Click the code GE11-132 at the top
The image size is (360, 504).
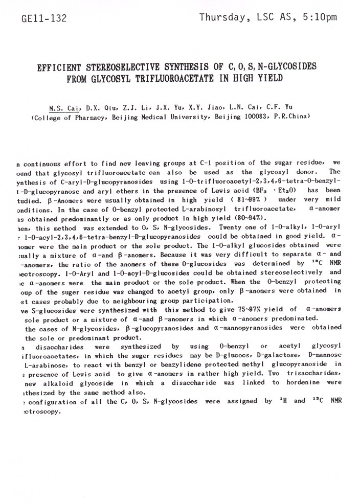click(44, 19)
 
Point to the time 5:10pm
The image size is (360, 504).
click(319, 18)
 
